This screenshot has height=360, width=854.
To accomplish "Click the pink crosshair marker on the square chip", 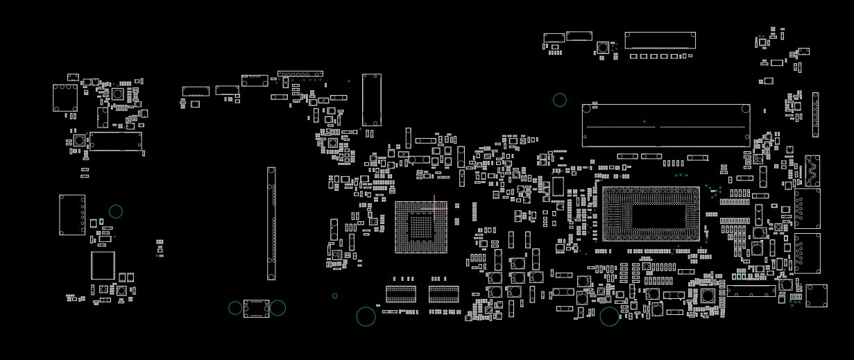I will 434,206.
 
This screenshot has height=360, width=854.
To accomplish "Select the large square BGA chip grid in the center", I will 421,227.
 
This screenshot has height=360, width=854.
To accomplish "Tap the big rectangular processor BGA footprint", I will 650,214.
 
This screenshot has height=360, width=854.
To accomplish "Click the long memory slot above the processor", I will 666,126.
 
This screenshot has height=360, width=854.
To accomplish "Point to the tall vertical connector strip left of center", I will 271,223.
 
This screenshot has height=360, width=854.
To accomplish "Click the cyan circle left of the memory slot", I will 560,100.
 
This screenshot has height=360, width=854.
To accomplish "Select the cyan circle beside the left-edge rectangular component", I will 116,212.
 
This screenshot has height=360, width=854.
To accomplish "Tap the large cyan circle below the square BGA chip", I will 366,316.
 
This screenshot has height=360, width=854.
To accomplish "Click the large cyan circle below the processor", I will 609,316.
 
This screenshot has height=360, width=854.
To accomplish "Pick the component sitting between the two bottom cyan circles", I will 256,308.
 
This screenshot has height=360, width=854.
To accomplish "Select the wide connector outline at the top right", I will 660,40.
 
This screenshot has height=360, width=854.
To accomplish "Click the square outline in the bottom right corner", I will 817,296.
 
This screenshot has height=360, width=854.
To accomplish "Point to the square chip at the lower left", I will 103,265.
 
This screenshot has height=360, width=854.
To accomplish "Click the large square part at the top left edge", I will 65,98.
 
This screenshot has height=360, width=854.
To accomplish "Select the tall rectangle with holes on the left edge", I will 72,215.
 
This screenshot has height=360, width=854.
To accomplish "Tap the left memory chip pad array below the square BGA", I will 401,294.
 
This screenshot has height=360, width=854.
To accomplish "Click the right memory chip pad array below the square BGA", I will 444,294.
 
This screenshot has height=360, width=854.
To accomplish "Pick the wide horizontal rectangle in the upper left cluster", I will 116,142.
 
